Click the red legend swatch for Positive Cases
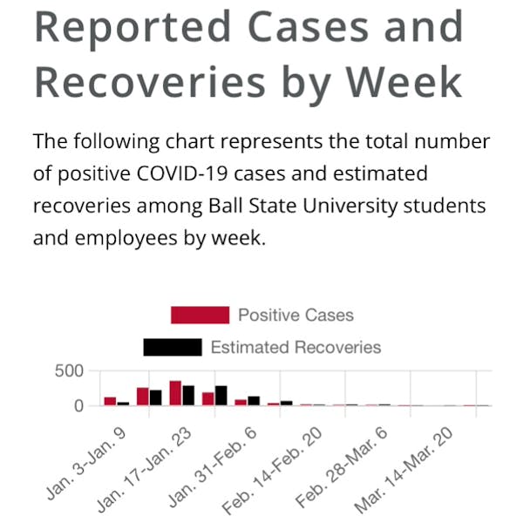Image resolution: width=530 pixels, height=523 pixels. [200, 315]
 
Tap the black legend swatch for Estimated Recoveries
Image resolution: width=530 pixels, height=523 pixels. [172, 347]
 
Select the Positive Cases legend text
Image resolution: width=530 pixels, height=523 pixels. [296, 315]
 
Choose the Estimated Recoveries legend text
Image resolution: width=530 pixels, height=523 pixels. [296, 347]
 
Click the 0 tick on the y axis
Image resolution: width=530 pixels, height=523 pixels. [78, 405]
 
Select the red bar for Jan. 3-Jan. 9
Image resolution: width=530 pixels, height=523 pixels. [110, 401]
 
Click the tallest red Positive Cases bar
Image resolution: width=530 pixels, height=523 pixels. [175, 393]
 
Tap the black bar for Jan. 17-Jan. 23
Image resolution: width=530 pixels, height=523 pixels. [188, 396]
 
